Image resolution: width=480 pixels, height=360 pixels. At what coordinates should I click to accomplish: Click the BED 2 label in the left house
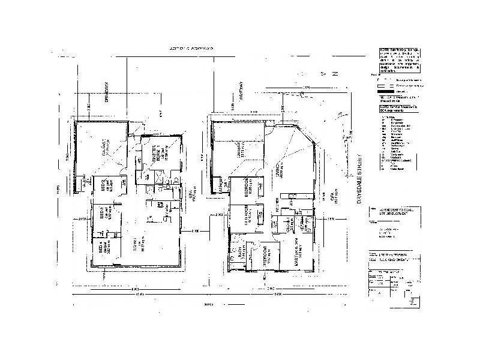(104, 185)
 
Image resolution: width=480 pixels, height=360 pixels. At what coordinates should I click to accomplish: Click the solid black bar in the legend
(389, 91)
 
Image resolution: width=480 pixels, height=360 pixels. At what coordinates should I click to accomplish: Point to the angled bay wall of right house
(315, 146)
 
